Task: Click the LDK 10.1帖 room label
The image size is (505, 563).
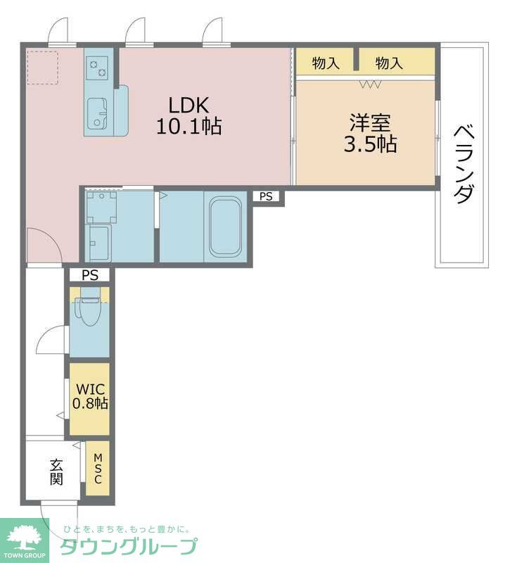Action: click(x=189, y=115)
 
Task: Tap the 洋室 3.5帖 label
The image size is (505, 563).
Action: click(x=370, y=133)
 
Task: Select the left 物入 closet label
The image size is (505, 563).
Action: click(x=326, y=63)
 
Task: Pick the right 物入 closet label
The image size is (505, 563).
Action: click(x=389, y=63)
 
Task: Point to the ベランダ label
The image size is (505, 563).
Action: click(x=464, y=164)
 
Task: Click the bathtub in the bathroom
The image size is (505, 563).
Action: click(x=225, y=227)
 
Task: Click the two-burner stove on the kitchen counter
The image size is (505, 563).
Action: click(x=97, y=69)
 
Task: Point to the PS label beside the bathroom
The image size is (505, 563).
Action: click(x=266, y=196)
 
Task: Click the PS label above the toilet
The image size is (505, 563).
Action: click(x=90, y=275)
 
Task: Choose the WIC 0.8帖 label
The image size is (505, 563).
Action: click(x=90, y=396)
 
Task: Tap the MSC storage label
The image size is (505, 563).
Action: click(x=98, y=468)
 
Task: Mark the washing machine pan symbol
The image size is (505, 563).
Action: click(x=101, y=208)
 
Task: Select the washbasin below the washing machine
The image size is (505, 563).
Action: click(x=98, y=243)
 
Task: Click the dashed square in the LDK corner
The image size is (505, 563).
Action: click(x=42, y=68)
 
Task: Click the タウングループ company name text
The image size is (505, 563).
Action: click(x=129, y=546)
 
